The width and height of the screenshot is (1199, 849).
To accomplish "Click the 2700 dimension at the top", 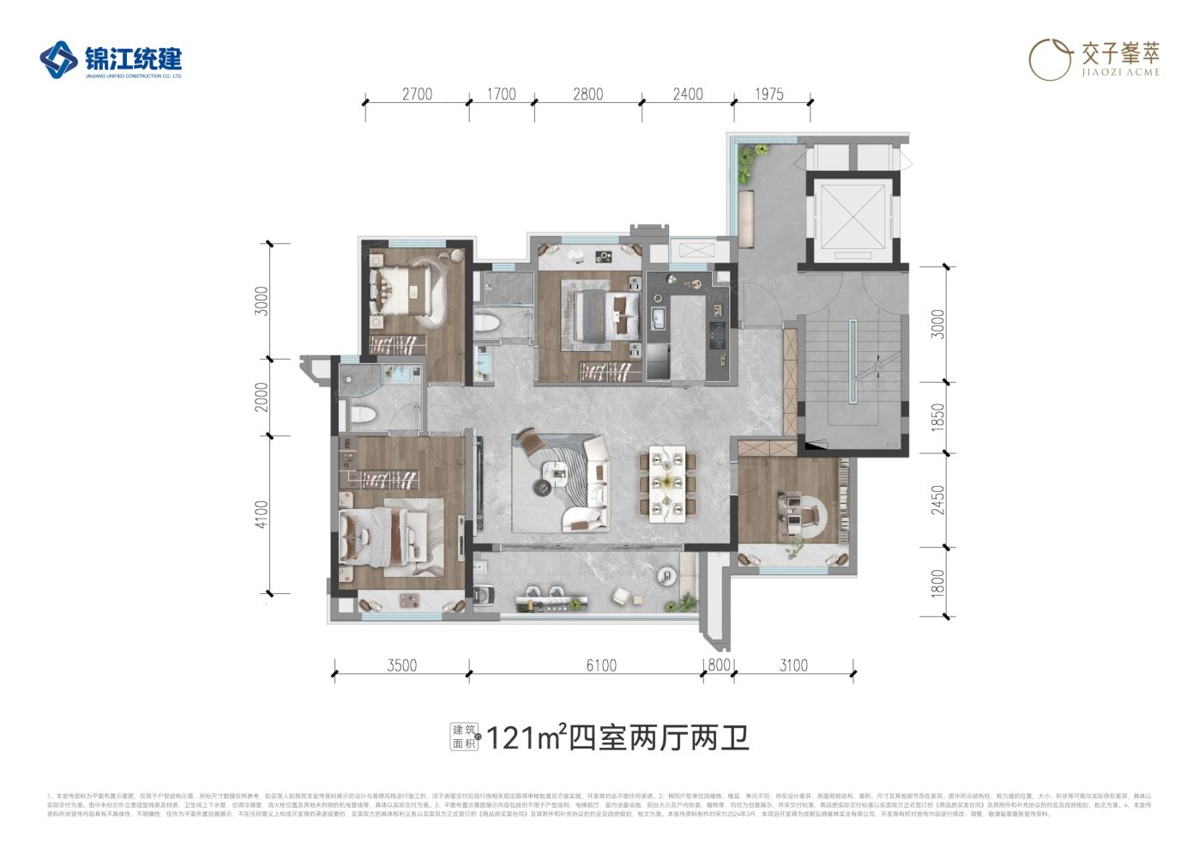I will [x=417, y=94].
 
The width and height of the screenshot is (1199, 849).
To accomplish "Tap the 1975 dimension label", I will [x=769, y=94].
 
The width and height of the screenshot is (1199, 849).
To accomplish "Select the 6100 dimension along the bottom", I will [x=601, y=665].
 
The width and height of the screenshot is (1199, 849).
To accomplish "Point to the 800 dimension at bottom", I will [x=719, y=665].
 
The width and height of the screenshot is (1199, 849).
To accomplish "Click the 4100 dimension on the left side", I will [x=262, y=514].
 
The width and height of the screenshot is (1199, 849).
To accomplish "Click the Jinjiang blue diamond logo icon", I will [x=58, y=60].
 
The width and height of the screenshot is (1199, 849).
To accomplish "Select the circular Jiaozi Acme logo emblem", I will [x=1050, y=59].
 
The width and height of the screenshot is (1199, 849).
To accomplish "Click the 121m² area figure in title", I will [x=525, y=737].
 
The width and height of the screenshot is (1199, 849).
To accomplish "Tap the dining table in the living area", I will [x=667, y=484].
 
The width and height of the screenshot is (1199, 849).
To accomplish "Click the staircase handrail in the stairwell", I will [x=853, y=361].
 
